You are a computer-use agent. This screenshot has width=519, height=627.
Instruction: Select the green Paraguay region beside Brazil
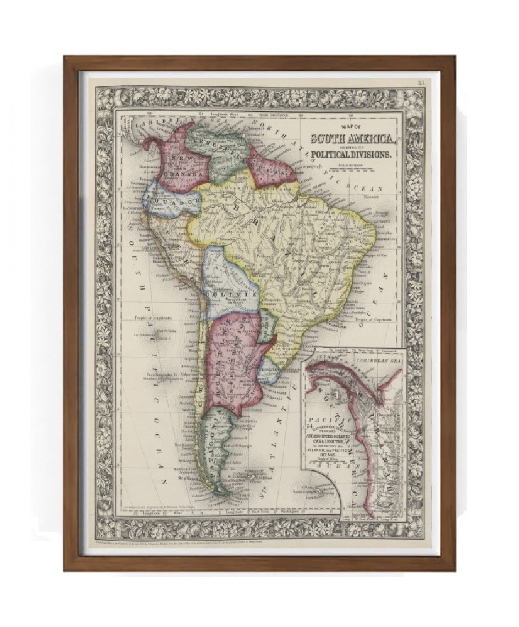pyautogui.click(x=266, y=324)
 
